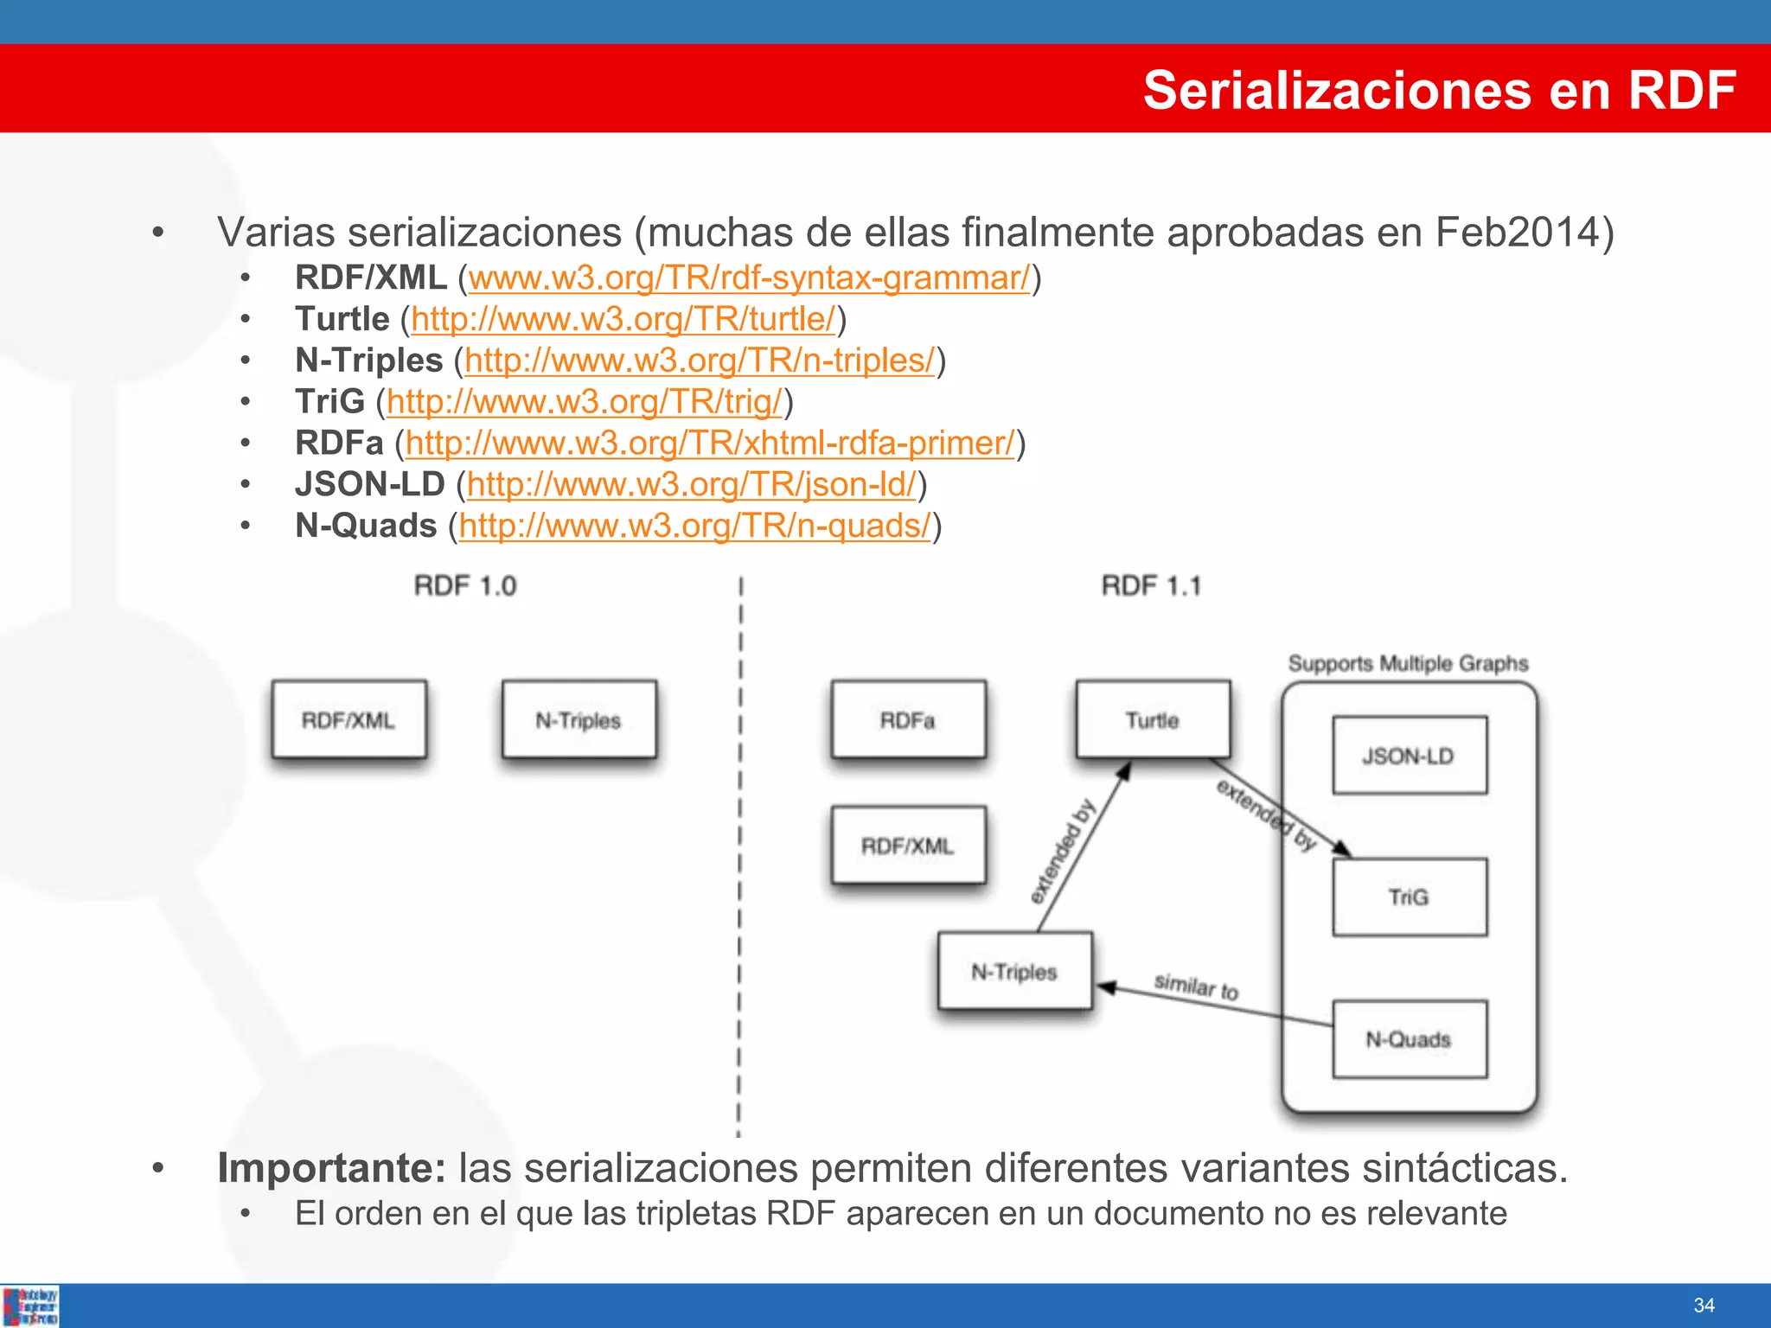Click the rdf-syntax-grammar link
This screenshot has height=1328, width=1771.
point(749,278)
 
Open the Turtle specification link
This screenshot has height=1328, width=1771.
point(623,320)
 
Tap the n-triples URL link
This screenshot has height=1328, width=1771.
point(700,361)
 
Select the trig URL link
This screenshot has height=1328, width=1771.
point(584,402)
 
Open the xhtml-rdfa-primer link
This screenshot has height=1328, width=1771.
point(709,444)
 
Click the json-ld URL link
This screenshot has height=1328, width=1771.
point(691,485)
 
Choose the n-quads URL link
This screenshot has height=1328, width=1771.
point(695,527)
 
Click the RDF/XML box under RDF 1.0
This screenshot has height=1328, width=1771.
point(348,720)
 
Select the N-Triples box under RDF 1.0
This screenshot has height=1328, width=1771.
point(579,720)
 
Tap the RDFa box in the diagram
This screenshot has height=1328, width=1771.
point(908,720)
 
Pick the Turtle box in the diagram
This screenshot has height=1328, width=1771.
point(1153,720)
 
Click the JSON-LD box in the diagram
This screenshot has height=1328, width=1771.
point(1409,756)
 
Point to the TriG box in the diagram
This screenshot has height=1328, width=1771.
point(1409,897)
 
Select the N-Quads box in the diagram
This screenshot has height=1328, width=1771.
point(1409,1039)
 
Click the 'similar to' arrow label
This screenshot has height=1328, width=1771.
point(1197,986)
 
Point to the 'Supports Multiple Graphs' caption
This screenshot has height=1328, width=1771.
point(1408,664)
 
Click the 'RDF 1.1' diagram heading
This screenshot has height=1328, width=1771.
point(1151,586)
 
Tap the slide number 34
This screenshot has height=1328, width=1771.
point(1704,1306)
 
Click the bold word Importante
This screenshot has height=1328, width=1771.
point(331,1169)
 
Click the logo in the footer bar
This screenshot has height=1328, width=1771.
point(30,1306)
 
